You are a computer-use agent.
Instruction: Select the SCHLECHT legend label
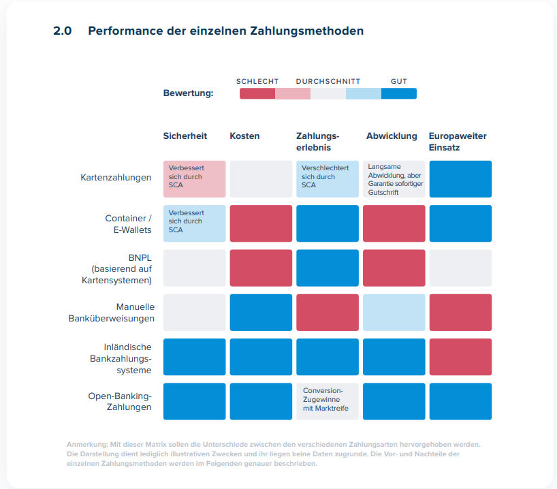click(257, 82)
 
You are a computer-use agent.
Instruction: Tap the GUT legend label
click(398, 82)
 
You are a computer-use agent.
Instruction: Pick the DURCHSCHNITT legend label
click(328, 82)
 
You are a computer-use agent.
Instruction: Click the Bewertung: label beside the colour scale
click(188, 93)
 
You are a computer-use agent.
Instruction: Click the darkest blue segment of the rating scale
click(398, 94)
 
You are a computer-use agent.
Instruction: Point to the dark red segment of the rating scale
click(257, 94)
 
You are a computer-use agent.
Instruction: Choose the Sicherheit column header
click(185, 136)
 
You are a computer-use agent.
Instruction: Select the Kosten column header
click(244, 136)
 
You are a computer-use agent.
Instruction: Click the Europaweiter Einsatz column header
click(458, 141)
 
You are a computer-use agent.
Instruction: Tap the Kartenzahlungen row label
click(116, 178)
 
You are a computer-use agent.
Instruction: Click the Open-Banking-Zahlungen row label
click(120, 401)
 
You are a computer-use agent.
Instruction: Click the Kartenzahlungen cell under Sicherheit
click(194, 179)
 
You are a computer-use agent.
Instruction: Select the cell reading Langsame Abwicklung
click(394, 179)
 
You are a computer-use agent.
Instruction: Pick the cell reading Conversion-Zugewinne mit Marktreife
click(327, 401)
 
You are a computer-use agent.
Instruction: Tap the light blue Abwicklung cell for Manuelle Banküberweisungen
click(394, 313)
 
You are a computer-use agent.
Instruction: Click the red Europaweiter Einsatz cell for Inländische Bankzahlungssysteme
click(460, 357)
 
